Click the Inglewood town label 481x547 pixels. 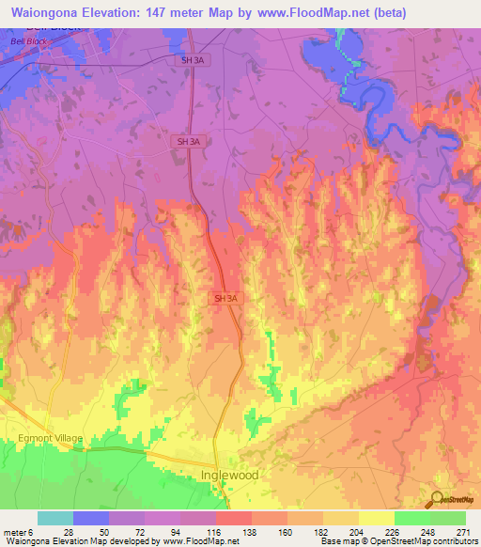coord(230,476)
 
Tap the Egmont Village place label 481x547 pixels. coord(50,439)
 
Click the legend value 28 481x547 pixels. coord(68,533)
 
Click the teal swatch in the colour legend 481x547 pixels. coord(54,519)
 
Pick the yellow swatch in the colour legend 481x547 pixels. coord(376,519)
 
